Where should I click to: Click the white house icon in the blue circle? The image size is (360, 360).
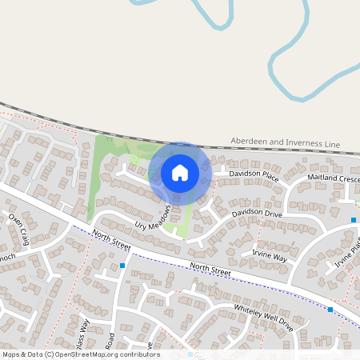click(180, 172)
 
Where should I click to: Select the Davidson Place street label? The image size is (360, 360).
click(254, 175)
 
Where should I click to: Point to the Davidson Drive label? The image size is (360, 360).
click(258, 214)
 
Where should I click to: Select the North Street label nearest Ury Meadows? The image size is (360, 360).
click(110, 238)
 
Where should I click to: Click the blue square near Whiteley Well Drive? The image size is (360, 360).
click(330, 309)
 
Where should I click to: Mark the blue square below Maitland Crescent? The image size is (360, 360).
click(353, 219)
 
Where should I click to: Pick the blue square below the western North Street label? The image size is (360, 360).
click(122, 265)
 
